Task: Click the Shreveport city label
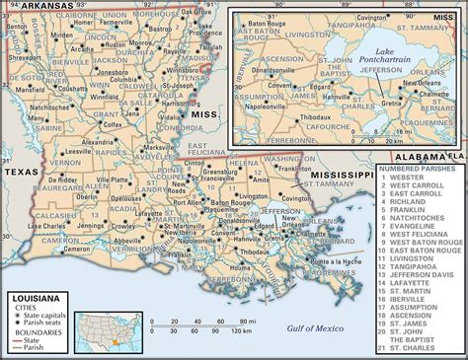coord(19,56)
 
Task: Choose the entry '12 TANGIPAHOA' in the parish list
coord(416,265)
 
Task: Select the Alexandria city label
coord(99,141)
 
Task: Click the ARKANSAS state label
coord(39,6)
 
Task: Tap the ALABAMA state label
coord(414,157)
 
